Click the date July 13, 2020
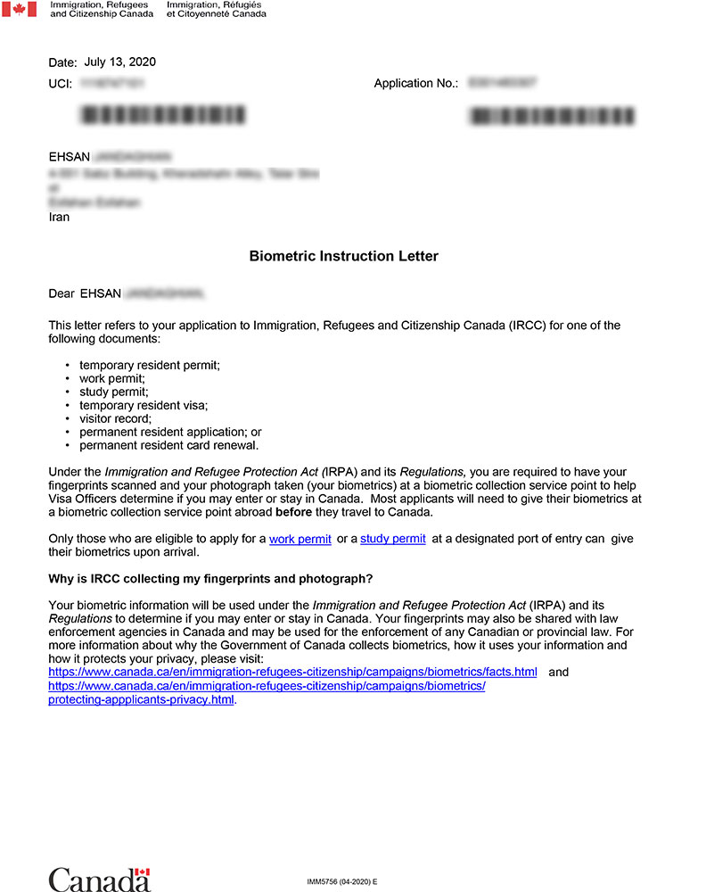119,62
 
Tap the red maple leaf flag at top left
19,10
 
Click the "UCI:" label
61,84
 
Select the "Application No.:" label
416,84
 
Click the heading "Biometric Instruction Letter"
344,257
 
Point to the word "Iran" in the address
59,217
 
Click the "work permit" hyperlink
300,540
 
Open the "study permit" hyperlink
393,540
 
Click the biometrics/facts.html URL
292,672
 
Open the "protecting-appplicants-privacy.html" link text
141,700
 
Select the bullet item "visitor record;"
116,418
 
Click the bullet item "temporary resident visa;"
144,405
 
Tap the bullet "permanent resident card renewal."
169,445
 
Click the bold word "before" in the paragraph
294,513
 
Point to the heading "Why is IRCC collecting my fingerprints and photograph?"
210,578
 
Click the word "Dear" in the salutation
62,293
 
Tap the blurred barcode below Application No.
553,116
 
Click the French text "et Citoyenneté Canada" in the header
216,14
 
